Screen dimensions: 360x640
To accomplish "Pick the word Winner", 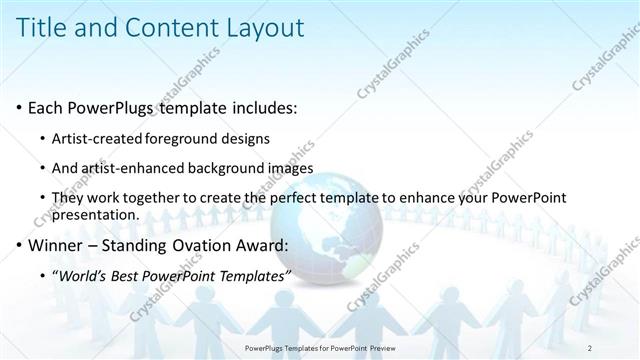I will click(58, 244).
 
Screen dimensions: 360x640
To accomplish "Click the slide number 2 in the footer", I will click(590, 347).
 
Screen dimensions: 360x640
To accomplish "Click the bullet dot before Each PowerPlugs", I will click(20, 107).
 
